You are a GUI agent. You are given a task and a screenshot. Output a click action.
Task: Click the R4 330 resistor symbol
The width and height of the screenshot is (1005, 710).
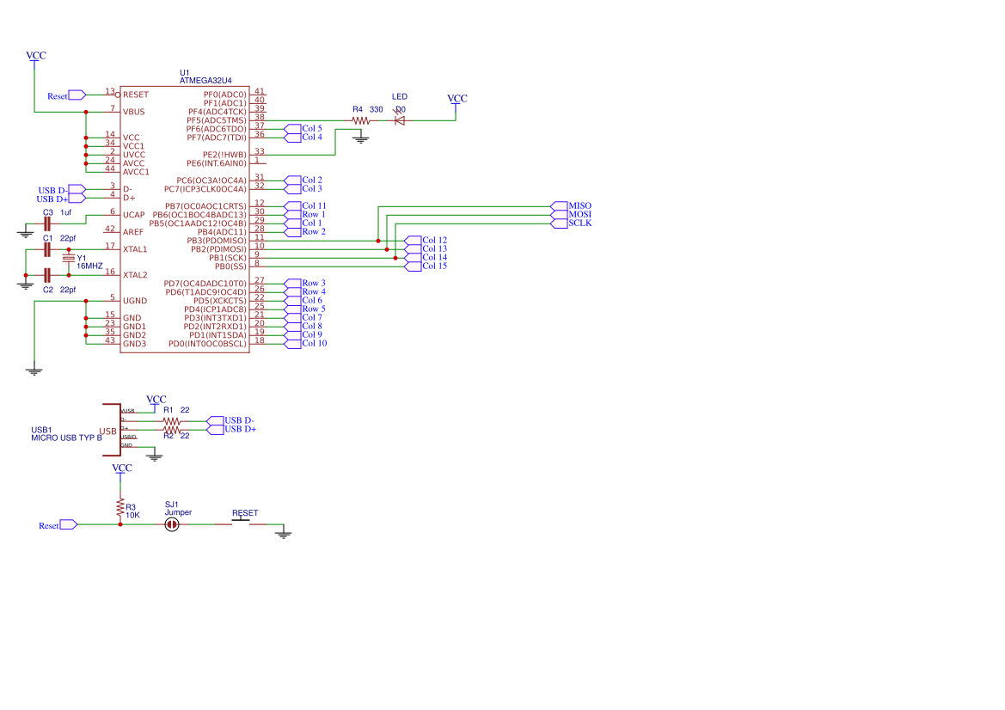coord(361,120)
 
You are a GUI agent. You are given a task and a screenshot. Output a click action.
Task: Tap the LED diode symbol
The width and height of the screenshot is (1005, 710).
coord(399,120)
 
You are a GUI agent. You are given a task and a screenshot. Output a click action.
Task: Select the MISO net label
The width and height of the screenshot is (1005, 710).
coord(579,206)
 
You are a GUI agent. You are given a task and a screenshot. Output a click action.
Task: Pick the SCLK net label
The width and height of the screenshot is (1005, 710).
coord(579,223)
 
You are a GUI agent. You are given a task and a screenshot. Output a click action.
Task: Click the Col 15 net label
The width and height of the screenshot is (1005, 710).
coord(434,266)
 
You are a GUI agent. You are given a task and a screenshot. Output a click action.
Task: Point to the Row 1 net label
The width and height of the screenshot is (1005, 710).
coord(313,215)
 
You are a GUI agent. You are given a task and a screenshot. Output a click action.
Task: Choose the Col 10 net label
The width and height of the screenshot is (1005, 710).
coord(314,344)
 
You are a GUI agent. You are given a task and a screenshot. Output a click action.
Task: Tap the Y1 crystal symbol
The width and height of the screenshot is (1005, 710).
coord(69,258)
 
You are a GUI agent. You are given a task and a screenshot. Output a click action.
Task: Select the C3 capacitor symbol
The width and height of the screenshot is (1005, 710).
coord(48,223)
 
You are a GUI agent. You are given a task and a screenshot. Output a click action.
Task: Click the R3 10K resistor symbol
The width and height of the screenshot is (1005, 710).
coord(120,507)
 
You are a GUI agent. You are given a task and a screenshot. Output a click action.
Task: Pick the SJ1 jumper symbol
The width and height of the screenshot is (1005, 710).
coord(172,524)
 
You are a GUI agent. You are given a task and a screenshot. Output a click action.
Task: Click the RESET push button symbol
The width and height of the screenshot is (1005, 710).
coord(244,521)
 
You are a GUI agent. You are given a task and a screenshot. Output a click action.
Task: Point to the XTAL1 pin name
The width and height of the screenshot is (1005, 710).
coord(135,249)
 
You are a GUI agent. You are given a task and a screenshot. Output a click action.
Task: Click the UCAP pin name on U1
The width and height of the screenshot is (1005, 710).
coord(134,215)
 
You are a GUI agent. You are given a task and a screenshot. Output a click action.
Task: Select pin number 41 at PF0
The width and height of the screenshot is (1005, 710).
coord(259,92)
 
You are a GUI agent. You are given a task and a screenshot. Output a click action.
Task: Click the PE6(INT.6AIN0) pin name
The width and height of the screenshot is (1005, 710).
coord(217,163)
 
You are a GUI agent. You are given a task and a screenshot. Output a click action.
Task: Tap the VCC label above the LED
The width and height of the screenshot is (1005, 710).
coord(458,99)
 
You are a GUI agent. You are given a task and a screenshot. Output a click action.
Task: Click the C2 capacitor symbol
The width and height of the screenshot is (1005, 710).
coord(48,275)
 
